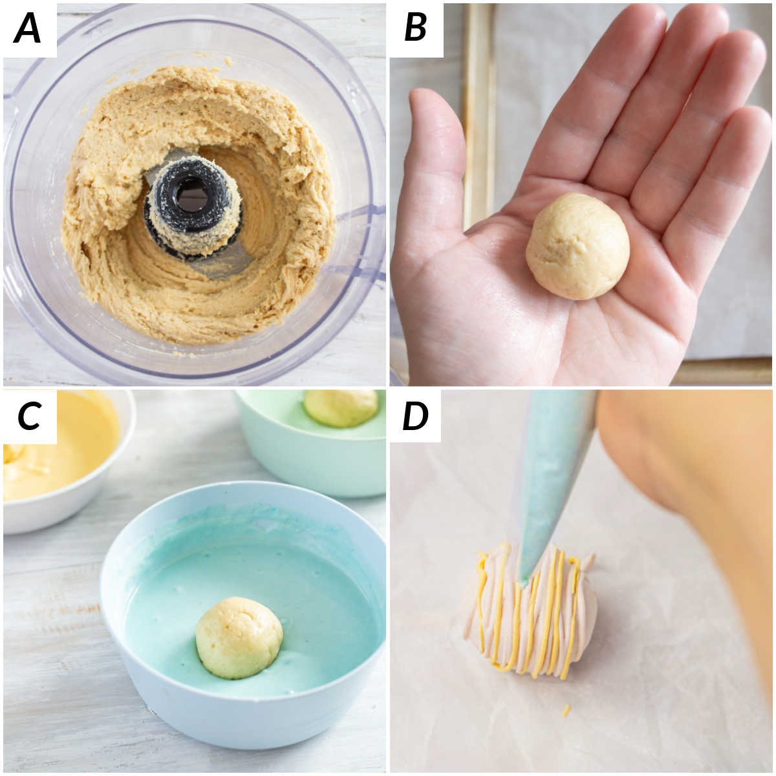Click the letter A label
(x=28, y=29)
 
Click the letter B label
(x=415, y=29)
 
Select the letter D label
(x=415, y=416)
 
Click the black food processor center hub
(x=192, y=194)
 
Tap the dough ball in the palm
(x=577, y=246)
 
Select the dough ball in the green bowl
(x=341, y=407)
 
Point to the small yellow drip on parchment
(x=566, y=710)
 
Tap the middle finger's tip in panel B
(x=705, y=26)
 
